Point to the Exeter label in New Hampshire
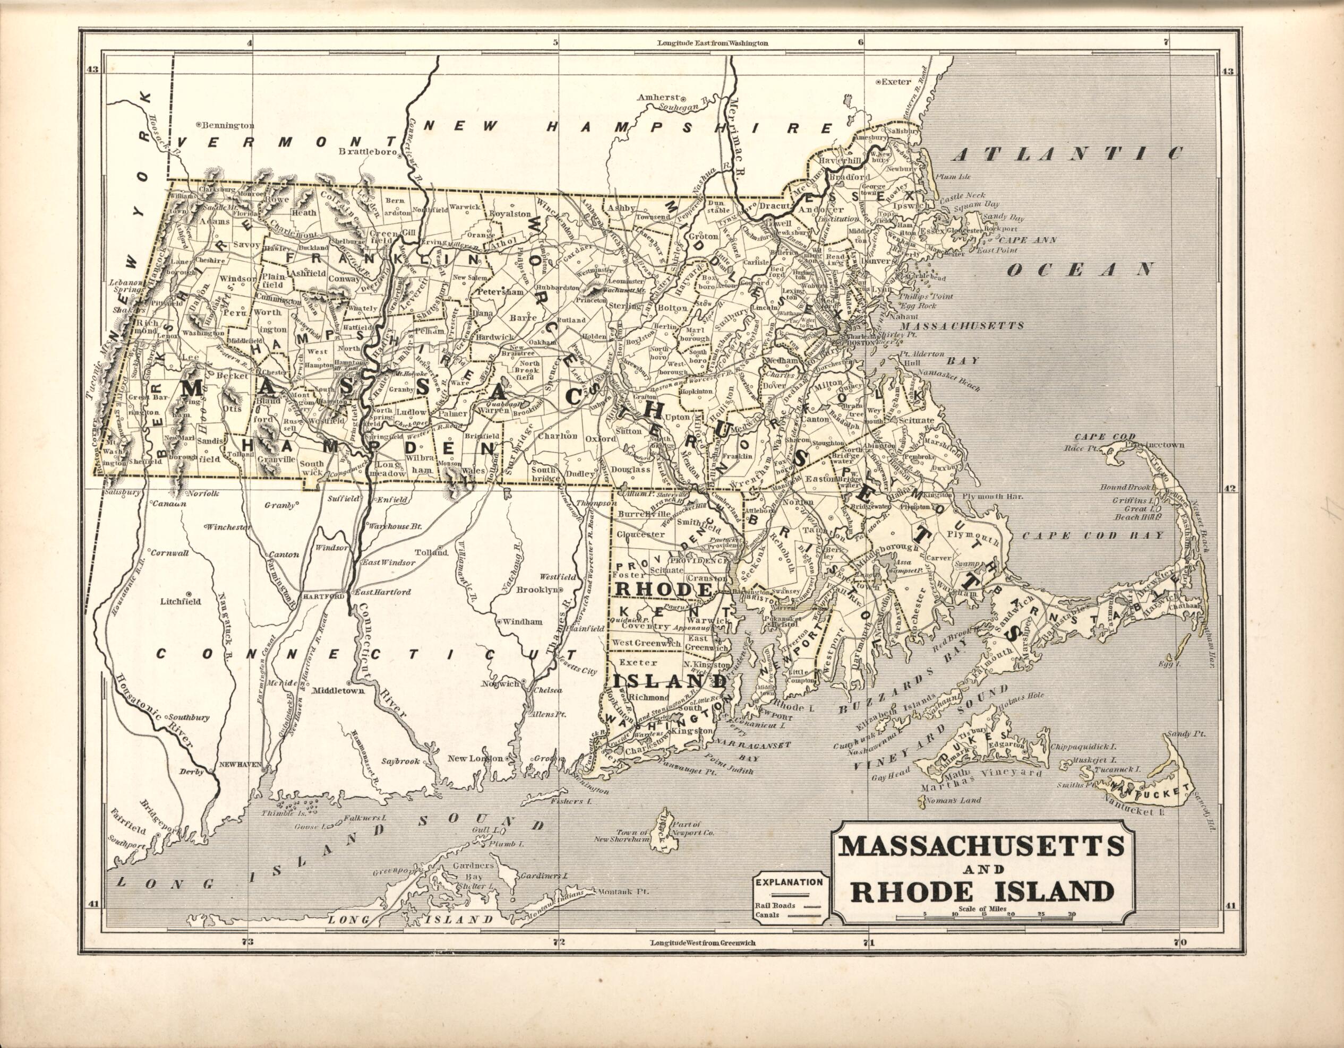[896, 81]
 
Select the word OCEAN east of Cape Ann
[1080, 270]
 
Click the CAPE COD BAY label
[1093, 536]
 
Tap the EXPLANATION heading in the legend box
[789, 882]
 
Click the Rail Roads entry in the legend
[775, 905]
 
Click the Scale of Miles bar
[985, 917]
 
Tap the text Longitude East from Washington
[712, 43]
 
